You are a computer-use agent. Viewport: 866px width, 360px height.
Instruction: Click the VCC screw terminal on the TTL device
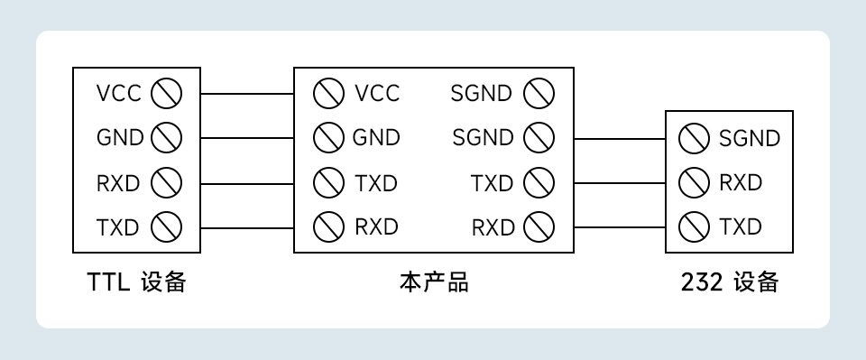[x=167, y=93]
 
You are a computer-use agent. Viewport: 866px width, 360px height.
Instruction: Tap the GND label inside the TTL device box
[x=119, y=138]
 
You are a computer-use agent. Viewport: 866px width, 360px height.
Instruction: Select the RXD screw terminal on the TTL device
[x=167, y=183]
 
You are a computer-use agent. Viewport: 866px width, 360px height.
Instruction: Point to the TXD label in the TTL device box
[x=118, y=227]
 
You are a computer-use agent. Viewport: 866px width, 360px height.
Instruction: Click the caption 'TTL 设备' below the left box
[x=136, y=282]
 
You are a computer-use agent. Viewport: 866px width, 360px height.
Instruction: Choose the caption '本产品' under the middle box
[x=434, y=282]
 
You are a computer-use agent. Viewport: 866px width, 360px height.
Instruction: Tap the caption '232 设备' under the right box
[x=729, y=282]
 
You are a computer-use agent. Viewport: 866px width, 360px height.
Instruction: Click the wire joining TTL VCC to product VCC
[x=246, y=93]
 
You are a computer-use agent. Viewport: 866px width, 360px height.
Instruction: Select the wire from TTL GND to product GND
[x=246, y=138]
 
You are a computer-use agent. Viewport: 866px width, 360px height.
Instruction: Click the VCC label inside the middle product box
[x=377, y=93]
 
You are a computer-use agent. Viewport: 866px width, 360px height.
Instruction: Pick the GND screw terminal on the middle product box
[x=328, y=138]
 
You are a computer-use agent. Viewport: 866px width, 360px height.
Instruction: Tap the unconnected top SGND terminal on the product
[x=539, y=93]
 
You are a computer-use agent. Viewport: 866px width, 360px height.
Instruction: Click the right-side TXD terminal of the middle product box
[x=539, y=183]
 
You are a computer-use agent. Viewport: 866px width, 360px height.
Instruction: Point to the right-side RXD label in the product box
[x=492, y=227]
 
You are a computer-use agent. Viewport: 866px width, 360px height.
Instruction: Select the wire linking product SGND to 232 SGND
[x=619, y=139]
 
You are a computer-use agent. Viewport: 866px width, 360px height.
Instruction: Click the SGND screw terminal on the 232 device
[x=693, y=139]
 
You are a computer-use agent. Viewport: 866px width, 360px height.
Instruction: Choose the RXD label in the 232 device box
[x=741, y=183]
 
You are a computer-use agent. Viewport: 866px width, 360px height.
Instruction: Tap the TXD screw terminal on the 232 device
[x=693, y=226]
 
